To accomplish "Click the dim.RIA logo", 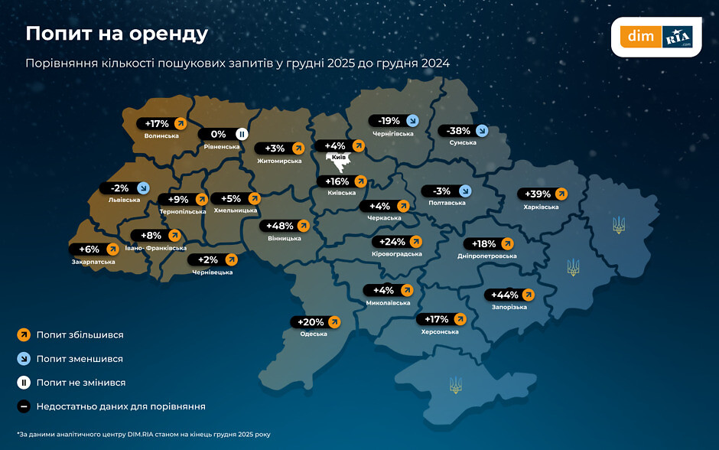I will pos(656,37).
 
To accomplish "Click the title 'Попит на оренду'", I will pos(117,34).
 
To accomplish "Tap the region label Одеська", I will pos(314,334).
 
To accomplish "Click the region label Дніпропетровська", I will pos(487,256).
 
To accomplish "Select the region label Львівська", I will pos(125,201).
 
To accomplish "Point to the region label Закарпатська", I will pos(95,262).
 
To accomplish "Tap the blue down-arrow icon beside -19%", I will pos(412,120).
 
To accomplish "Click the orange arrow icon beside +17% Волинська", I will pos(180,123).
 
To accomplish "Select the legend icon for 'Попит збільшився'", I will pos(24,334).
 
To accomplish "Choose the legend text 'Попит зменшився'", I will pos(80,358).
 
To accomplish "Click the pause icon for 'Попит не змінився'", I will pos(24,382).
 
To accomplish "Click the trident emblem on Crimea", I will pos(455,384).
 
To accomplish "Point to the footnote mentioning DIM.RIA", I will pos(144,434).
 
